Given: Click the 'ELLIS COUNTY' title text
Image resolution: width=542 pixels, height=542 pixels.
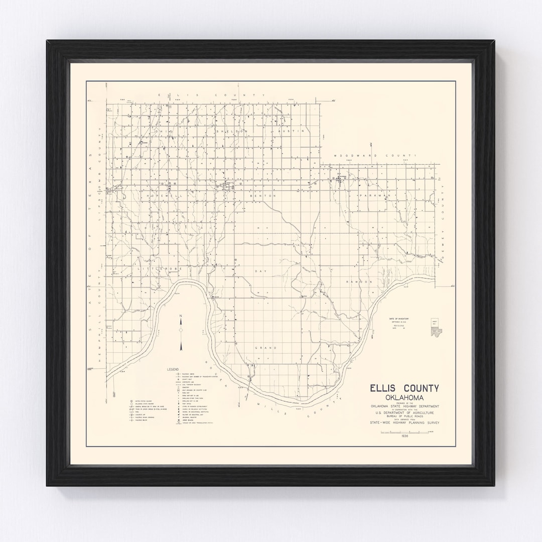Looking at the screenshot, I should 404,388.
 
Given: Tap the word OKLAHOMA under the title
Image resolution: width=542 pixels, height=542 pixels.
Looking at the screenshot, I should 404,397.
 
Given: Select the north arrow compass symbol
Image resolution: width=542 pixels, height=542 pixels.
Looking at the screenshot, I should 181,331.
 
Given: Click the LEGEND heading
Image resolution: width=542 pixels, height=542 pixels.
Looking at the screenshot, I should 173,369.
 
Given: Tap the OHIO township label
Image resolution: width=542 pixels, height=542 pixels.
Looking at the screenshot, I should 164,131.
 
